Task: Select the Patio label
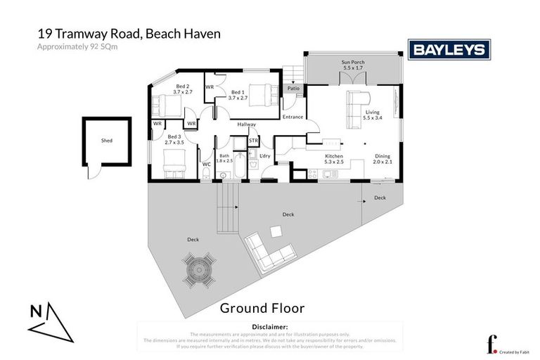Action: pyautogui.click(x=293, y=89)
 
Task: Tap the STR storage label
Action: pyautogui.click(x=254, y=141)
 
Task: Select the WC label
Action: pyautogui.click(x=206, y=165)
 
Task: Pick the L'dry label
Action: pyautogui.click(x=265, y=155)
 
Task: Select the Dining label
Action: pyautogui.click(x=382, y=155)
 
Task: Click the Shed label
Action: pyautogui.click(x=106, y=141)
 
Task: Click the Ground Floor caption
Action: pyautogui.click(x=262, y=308)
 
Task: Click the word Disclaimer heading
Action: pyautogui.click(x=269, y=327)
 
